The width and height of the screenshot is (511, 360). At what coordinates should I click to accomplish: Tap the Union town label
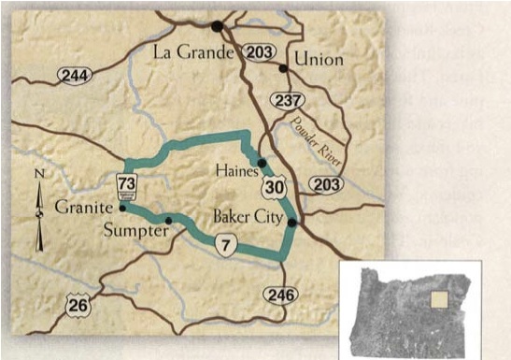(319, 60)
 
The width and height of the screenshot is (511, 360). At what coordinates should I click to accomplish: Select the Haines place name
(233, 170)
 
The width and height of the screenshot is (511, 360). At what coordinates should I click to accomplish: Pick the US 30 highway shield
(271, 189)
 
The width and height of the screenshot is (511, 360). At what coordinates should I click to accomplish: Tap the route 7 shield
(222, 245)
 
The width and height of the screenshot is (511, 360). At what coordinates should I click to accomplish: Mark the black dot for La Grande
(218, 26)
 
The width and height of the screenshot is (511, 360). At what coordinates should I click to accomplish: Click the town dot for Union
(283, 68)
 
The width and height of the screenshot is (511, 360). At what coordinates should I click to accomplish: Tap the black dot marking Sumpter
(168, 221)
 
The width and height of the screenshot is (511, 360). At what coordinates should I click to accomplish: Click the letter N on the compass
(37, 174)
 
